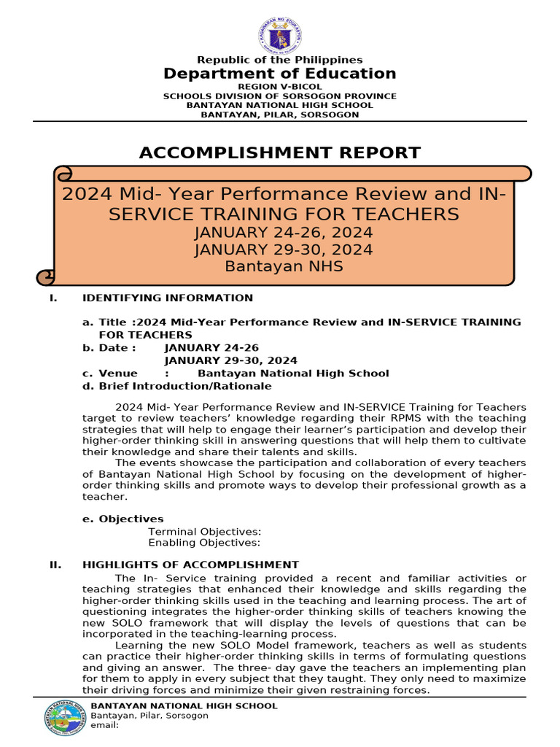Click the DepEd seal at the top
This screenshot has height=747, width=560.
[x=280, y=35]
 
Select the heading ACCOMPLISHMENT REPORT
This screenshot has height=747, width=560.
[x=280, y=152]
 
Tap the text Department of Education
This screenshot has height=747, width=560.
[x=280, y=74]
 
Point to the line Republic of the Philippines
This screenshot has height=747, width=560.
[x=280, y=60]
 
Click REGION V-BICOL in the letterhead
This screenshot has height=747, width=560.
[x=280, y=87]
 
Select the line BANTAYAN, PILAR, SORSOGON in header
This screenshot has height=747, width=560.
[x=280, y=115]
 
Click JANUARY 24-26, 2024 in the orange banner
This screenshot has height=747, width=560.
[x=284, y=233]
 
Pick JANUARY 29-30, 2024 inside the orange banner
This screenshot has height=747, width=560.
[x=284, y=249]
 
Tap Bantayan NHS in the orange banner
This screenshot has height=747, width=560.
[x=284, y=266]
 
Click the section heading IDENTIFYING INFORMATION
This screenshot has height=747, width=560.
[x=168, y=298]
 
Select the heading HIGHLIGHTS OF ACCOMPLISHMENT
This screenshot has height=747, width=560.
[x=190, y=565]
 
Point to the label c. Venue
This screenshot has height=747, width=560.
[x=110, y=373]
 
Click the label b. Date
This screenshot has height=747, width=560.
[x=109, y=348]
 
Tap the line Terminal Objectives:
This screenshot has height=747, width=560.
[x=205, y=533]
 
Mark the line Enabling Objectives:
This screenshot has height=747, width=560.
[x=204, y=543]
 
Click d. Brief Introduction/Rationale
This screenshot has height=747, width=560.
[x=177, y=386]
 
